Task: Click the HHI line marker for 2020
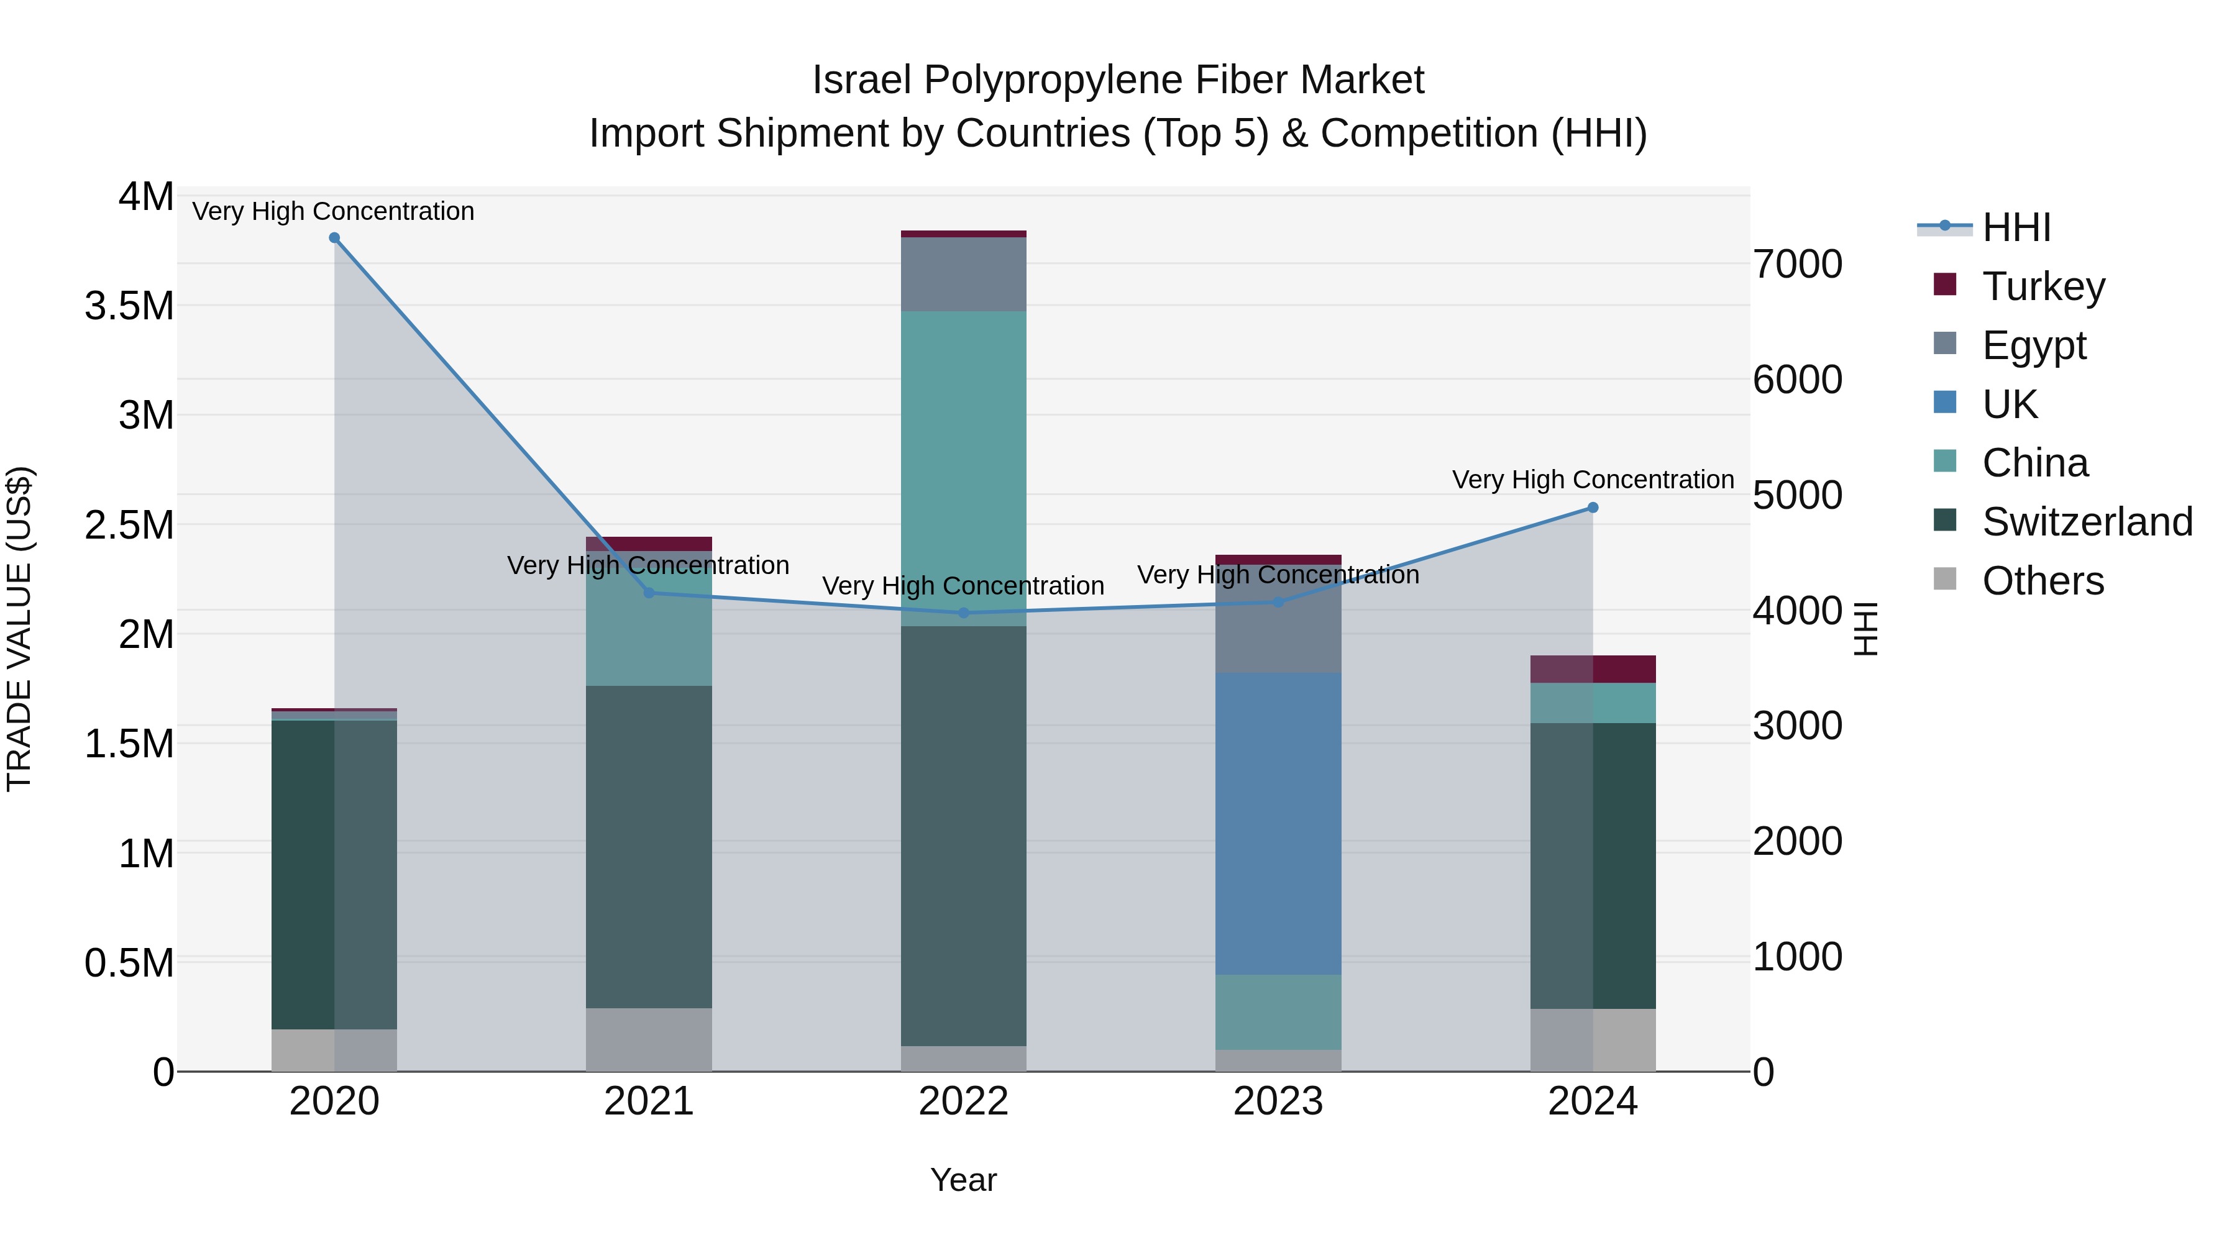tap(334, 238)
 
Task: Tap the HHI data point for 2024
tap(1593, 508)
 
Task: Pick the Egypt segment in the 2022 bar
tap(963, 275)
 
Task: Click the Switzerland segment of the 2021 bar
tap(649, 847)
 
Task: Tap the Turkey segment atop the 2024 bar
tap(1593, 669)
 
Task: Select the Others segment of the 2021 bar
tap(649, 1039)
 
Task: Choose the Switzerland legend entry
tap(2087, 522)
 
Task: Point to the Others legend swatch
tap(1945, 579)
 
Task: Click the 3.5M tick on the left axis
tap(129, 306)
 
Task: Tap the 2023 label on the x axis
tap(1278, 1101)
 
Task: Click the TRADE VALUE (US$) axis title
tap(19, 629)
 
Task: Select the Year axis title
tap(963, 1180)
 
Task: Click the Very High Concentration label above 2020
tap(334, 211)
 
